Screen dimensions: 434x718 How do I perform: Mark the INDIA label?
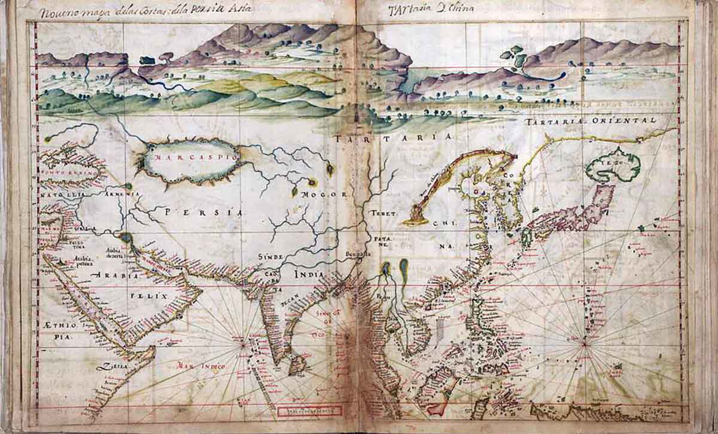coord(309,273)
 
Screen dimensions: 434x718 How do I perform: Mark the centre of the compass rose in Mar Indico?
coord(243,344)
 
